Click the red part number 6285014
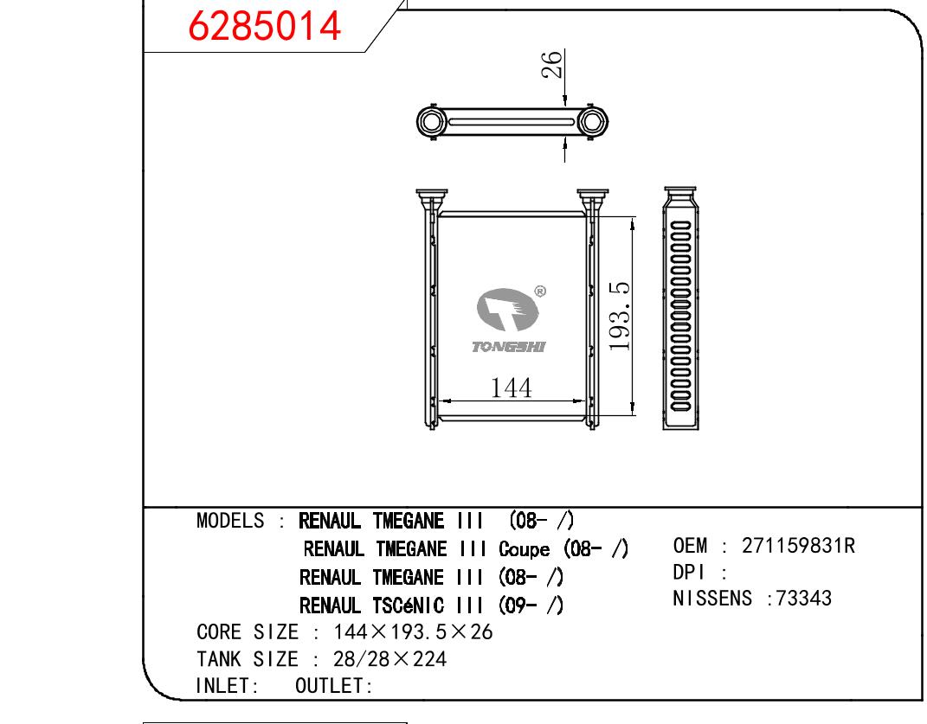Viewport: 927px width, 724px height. tap(264, 26)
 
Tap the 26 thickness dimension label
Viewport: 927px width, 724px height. tap(551, 64)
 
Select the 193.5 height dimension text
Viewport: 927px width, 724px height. tap(620, 316)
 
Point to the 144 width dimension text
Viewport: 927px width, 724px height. tap(512, 388)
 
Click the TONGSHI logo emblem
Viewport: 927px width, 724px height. tap(507, 309)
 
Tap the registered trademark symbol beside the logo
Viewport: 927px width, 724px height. tap(540, 292)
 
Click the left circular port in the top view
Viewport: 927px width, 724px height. tap(432, 122)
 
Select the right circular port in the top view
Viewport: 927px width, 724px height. tap(591, 122)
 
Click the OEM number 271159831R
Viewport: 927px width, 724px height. tap(798, 546)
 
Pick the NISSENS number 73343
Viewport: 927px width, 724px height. tap(803, 598)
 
